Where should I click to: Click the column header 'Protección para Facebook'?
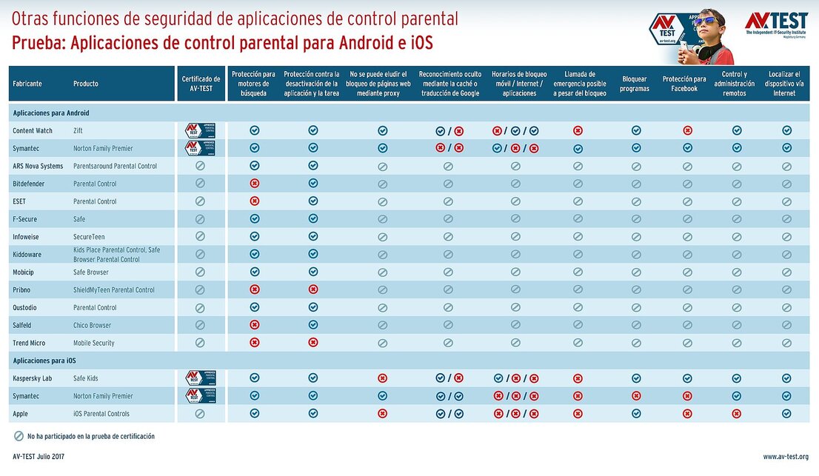pos(683,84)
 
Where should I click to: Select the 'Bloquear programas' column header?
pos(635,84)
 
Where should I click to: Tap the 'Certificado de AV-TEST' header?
pos(201,84)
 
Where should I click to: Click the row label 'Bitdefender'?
pos(29,184)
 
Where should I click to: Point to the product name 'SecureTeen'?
pos(89,237)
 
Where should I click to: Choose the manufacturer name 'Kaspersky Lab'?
pos(32,378)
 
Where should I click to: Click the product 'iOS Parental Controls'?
pos(101,414)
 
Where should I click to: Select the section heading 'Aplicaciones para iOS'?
pos(44,361)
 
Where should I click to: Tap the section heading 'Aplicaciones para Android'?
pos(51,113)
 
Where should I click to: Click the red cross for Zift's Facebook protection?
pos(687,130)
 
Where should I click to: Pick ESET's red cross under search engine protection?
pos(255,201)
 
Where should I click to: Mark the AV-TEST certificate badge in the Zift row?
pos(200,130)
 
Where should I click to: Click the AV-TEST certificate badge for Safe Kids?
pos(200,378)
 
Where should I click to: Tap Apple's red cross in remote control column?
pos(736,414)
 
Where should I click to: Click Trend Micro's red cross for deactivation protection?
pos(313,342)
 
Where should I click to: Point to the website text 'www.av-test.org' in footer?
pos(786,457)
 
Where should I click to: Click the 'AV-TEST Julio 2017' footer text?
pos(39,457)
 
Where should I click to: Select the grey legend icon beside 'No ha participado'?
pos(19,437)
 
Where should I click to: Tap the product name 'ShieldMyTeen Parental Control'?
pos(114,290)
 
